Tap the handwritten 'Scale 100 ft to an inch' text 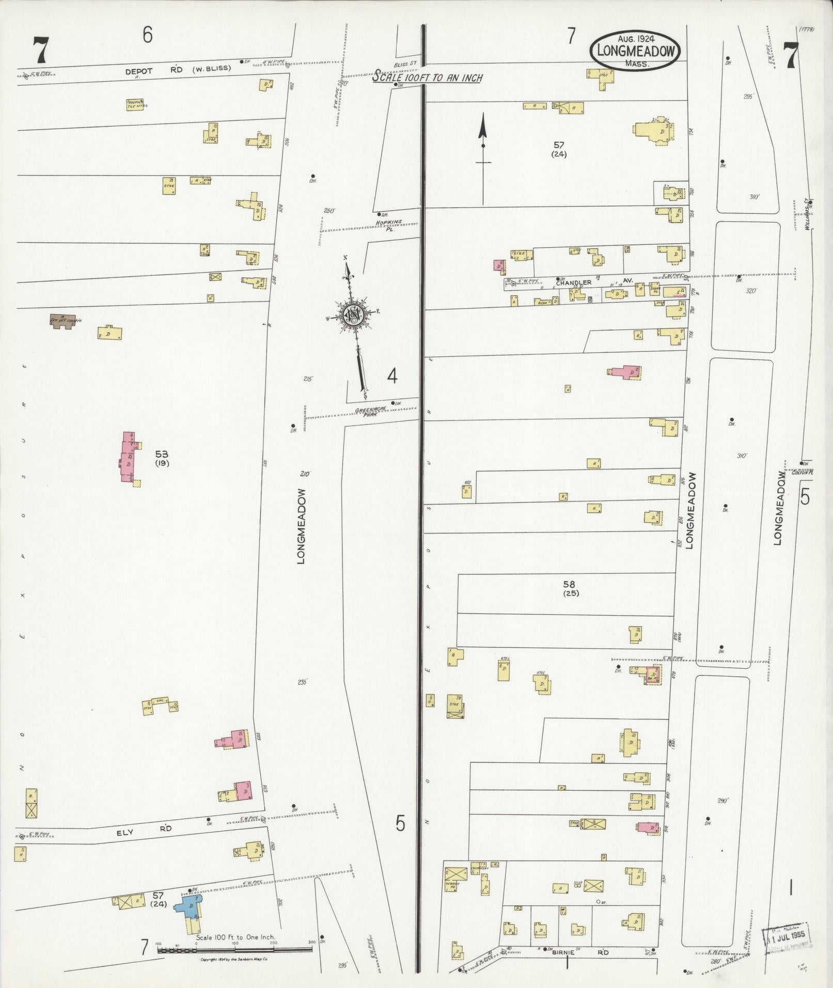[x=428, y=77]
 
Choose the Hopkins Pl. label [x=389, y=225]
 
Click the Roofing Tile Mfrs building [x=136, y=104]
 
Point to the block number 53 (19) [x=162, y=458]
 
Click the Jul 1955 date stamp [x=785, y=935]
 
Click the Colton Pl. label [x=802, y=472]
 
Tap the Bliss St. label [x=405, y=64]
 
